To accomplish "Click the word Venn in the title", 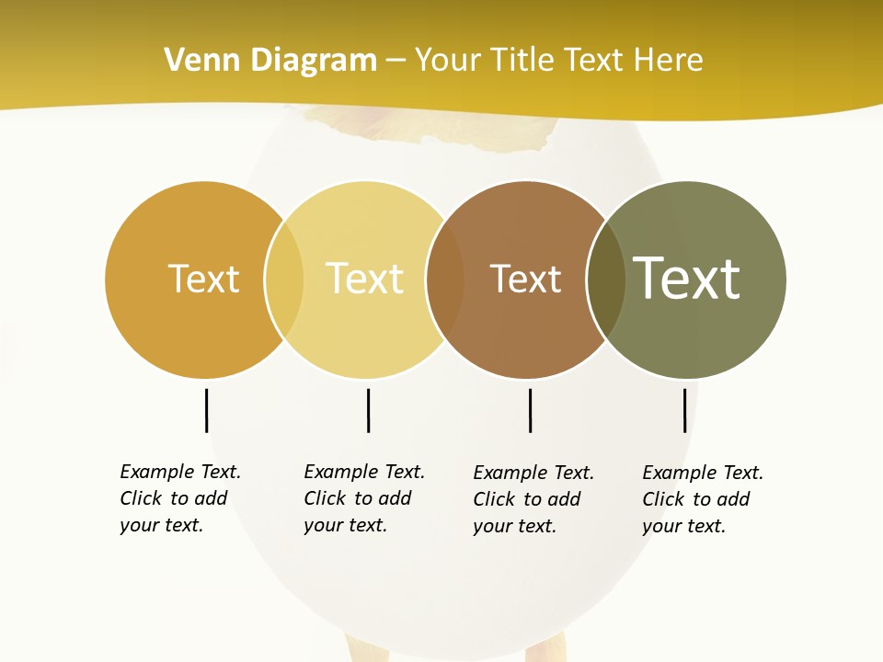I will [x=197, y=61].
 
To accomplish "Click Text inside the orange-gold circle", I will [x=203, y=279].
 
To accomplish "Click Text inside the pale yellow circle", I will [x=364, y=279].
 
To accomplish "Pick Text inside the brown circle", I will [x=525, y=279].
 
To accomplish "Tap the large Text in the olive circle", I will [x=687, y=279].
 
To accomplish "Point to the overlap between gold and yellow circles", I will [x=283, y=280].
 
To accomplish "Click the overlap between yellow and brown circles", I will [x=445, y=280].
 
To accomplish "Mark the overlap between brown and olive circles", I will [x=606, y=280].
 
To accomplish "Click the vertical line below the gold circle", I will [x=206, y=410].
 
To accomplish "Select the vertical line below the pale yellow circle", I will [x=368, y=410].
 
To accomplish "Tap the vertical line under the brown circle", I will [x=530, y=410].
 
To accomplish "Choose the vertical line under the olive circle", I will [x=684, y=410].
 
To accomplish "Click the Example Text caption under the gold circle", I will [x=180, y=498].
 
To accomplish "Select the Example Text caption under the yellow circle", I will [x=364, y=498].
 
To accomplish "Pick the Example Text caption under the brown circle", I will [x=533, y=499].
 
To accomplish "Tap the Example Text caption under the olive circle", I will [x=703, y=499].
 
